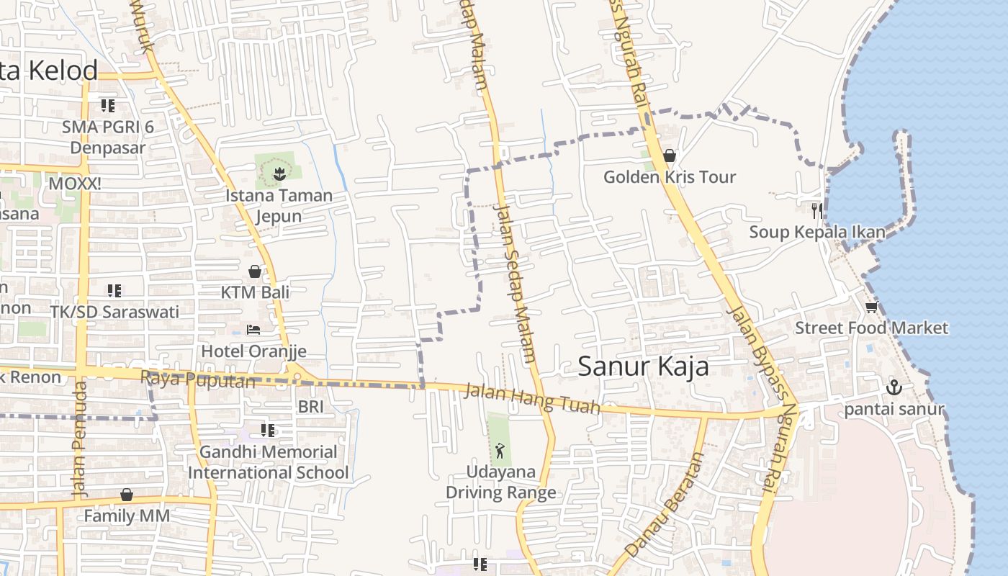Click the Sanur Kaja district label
[643, 366]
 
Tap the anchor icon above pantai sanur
[894, 387]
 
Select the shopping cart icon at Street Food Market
[871, 307]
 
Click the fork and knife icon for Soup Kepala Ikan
[816, 210]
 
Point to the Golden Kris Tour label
[670, 177]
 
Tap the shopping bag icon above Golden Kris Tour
[670, 156]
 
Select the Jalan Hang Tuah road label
[532, 400]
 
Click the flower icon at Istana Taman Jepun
[279, 173]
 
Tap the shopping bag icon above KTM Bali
[255, 271]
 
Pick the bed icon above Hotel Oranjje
[253, 330]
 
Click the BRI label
[311, 407]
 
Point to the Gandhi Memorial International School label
[269, 462]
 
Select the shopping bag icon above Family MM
[127, 495]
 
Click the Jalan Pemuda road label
[80, 439]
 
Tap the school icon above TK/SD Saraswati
[114, 291]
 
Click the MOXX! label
[75, 184]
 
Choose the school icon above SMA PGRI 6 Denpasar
[108, 107]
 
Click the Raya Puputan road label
[197, 379]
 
